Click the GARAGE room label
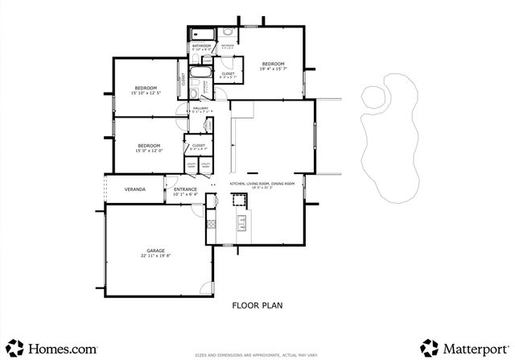point(155,250)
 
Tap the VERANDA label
point(134,189)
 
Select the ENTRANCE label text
point(185,189)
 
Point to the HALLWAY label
point(200,108)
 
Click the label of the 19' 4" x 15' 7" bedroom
point(274,63)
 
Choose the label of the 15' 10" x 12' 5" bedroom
point(146,87)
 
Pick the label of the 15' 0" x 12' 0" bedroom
point(149,145)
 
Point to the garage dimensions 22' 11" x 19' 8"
point(155,257)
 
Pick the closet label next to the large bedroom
point(228,73)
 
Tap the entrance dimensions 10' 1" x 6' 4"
point(185,194)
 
